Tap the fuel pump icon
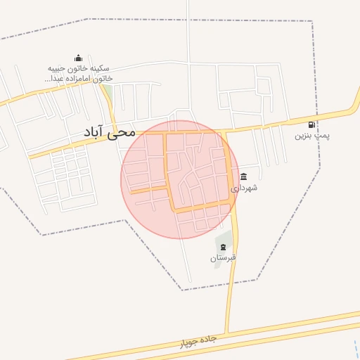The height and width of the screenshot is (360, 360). (311, 124)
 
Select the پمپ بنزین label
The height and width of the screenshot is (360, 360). (312, 135)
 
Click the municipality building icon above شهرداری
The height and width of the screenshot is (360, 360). (243, 176)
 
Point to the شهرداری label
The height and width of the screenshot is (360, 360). (244, 188)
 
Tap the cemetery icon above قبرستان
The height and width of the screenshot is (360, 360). (224, 247)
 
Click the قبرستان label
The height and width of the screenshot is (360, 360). (224, 258)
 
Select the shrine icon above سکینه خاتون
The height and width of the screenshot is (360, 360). (78, 58)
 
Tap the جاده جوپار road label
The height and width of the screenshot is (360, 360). (198, 341)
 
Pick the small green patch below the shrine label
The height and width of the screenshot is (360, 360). (108, 91)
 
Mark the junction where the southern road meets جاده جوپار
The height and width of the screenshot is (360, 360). (226, 332)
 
